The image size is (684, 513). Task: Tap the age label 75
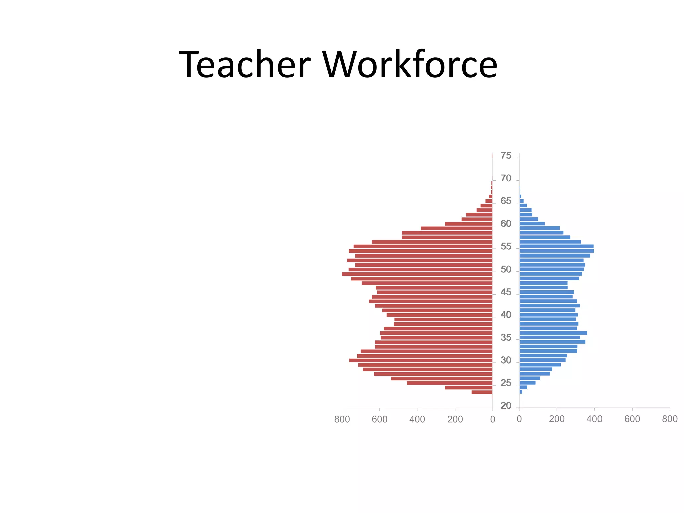pyautogui.click(x=506, y=156)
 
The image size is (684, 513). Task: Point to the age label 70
pyautogui.click(x=506, y=178)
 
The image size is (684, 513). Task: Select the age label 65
pyautogui.click(x=506, y=201)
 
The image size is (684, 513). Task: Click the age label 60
pyautogui.click(x=506, y=224)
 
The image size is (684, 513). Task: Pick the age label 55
pyautogui.click(x=506, y=246)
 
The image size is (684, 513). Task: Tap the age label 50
pyautogui.click(x=506, y=269)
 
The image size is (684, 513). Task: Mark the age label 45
pyautogui.click(x=506, y=292)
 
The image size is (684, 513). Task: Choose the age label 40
pyautogui.click(x=506, y=315)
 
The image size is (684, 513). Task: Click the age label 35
pyautogui.click(x=506, y=338)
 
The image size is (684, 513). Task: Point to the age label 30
pyautogui.click(x=506, y=360)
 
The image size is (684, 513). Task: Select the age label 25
pyautogui.click(x=506, y=383)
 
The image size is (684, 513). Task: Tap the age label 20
pyautogui.click(x=506, y=406)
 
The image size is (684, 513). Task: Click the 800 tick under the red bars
pyautogui.click(x=342, y=419)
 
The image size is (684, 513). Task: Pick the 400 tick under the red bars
pyautogui.click(x=417, y=419)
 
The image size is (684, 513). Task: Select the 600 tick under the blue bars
pyautogui.click(x=632, y=419)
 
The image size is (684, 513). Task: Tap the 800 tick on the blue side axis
pyautogui.click(x=670, y=419)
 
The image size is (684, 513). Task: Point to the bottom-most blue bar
pyautogui.click(x=521, y=392)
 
